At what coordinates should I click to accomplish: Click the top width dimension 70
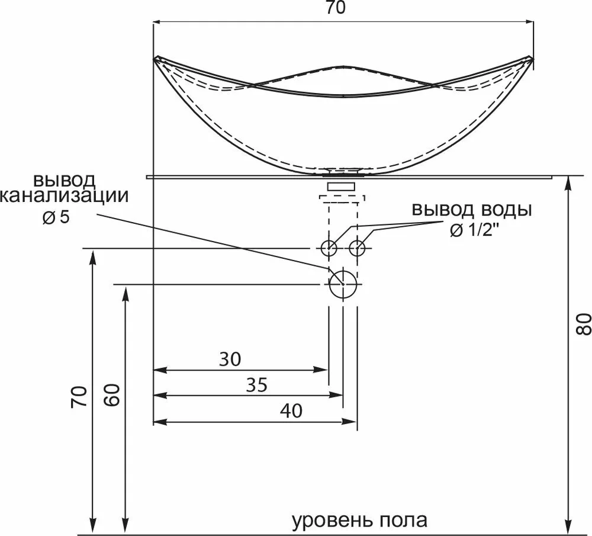[343, 8]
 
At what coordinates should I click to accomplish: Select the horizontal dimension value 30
[231, 358]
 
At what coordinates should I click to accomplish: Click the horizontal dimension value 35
[256, 385]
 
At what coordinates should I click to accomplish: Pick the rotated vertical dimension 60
[114, 394]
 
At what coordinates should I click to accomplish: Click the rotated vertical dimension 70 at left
[80, 396]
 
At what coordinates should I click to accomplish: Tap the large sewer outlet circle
[343, 284]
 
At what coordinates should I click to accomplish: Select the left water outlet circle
[329, 248]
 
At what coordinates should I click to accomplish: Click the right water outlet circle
[357, 248]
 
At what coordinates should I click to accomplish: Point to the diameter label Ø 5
[56, 217]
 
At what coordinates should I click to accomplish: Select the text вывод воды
[472, 210]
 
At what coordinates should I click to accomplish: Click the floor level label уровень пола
[360, 521]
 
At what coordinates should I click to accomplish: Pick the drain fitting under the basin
[343, 187]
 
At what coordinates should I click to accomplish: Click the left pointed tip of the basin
[156, 58]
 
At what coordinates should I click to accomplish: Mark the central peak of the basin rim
[343, 66]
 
